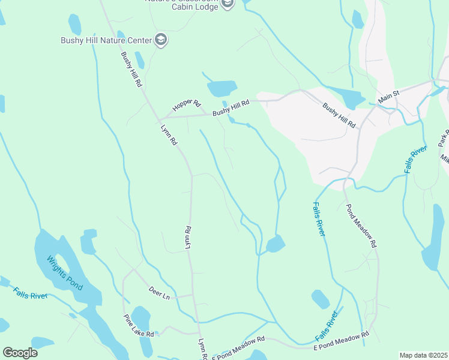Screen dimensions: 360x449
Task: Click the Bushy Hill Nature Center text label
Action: (x=106, y=40)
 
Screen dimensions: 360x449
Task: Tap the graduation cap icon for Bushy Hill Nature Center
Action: (x=160, y=40)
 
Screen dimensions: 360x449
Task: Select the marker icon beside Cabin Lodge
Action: (x=227, y=4)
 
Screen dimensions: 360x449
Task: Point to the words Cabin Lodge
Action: (x=195, y=7)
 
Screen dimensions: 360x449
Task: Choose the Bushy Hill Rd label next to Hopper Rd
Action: (x=231, y=107)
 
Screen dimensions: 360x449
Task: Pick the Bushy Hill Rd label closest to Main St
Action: (x=339, y=115)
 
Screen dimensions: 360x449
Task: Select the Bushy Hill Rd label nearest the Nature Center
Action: (x=130, y=70)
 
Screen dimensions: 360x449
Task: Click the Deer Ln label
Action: (x=160, y=290)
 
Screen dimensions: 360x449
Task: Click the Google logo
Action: (x=20, y=352)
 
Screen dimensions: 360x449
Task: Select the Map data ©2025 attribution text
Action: (x=423, y=355)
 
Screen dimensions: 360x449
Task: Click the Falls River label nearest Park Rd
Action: (x=415, y=159)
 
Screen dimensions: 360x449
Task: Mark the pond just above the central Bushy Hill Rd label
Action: (x=222, y=88)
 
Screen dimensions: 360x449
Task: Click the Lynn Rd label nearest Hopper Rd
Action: (x=169, y=135)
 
